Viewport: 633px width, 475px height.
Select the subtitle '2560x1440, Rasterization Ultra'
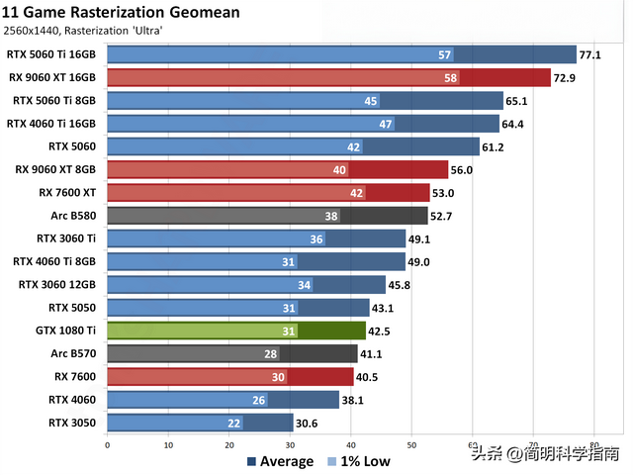(x=82, y=31)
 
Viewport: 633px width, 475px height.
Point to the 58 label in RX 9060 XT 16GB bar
(x=450, y=77)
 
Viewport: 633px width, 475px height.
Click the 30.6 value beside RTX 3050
(x=308, y=424)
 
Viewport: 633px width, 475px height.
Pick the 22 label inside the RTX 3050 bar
(x=233, y=424)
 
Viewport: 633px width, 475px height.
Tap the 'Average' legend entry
(x=282, y=461)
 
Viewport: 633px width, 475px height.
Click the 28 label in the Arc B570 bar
(x=270, y=354)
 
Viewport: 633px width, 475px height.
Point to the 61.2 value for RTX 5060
(x=495, y=146)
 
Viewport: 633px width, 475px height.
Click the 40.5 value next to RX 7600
(x=368, y=377)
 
